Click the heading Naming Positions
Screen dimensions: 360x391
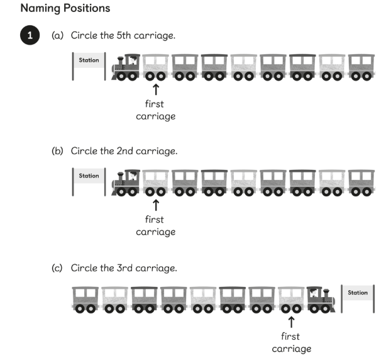point(65,9)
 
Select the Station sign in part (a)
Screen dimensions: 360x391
point(89,62)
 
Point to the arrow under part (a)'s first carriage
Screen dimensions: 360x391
point(155,89)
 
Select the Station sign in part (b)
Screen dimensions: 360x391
point(89,177)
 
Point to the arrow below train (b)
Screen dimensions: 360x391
point(155,205)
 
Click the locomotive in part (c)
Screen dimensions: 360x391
point(321,299)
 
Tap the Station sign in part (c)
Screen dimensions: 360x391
point(358,293)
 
